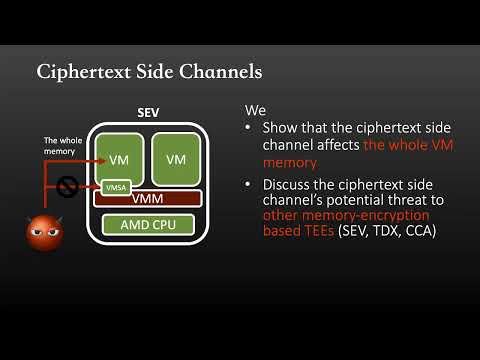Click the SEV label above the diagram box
tap(148, 113)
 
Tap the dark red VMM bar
tap(148, 199)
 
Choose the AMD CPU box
tap(148, 224)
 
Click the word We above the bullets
tap(254, 112)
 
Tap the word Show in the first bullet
tap(282, 129)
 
